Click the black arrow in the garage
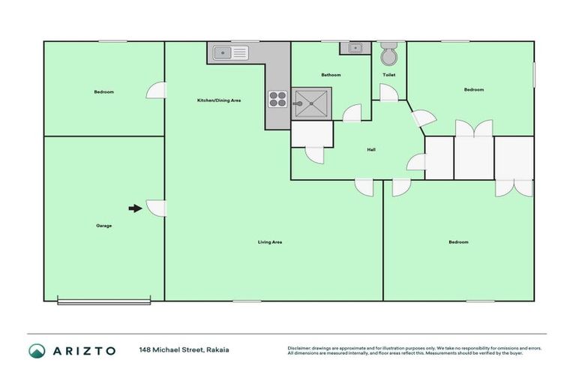(x=135, y=208)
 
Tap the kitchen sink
(x=230, y=52)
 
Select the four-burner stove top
(x=277, y=99)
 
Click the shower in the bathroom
(x=310, y=103)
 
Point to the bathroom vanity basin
(x=352, y=49)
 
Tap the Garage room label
(x=103, y=225)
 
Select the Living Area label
(x=269, y=242)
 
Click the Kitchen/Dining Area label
(x=218, y=100)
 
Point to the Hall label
(x=370, y=149)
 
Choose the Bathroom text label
(x=331, y=75)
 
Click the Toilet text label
(x=388, y=75)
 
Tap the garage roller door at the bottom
(x=104, y=301)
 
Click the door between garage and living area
(x=157, y=208)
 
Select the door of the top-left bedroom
(x=157, y=90)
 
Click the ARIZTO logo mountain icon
(x=37, y=350)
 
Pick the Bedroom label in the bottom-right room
(x=458, y=242)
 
